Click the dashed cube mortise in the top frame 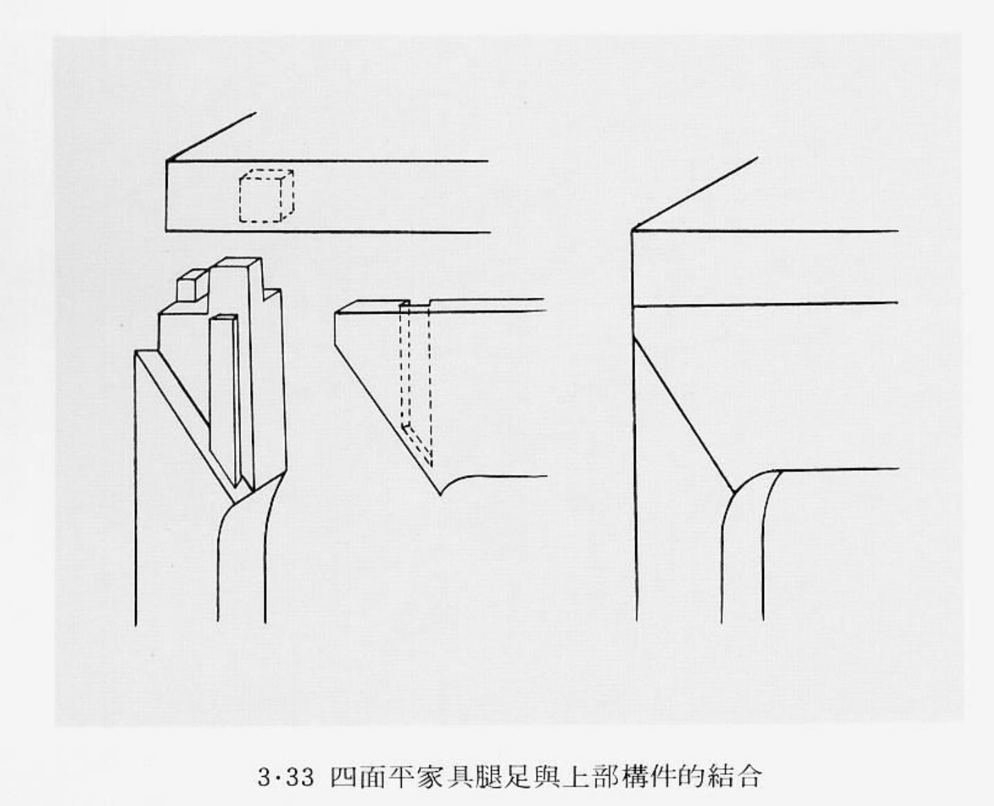(x=266, y=197)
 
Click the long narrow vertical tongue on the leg (x=225, y=395)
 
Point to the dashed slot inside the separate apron (x=416, y=381)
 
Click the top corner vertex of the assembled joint (x=633, y=229)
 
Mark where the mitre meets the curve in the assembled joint (x=733, y=491)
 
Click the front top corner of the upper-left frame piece (x=167, y=161)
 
